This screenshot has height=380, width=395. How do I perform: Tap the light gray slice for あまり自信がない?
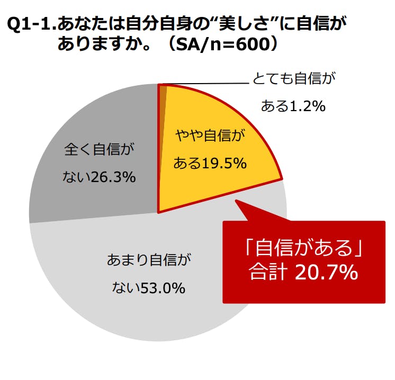click(159, 296)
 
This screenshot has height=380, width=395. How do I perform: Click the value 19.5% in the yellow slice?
click(224, 164)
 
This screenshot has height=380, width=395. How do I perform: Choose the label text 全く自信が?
click(96, 149)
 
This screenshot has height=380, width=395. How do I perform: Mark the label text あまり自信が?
click(148, 260)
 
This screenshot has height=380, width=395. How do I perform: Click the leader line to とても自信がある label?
click(207, 84)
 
